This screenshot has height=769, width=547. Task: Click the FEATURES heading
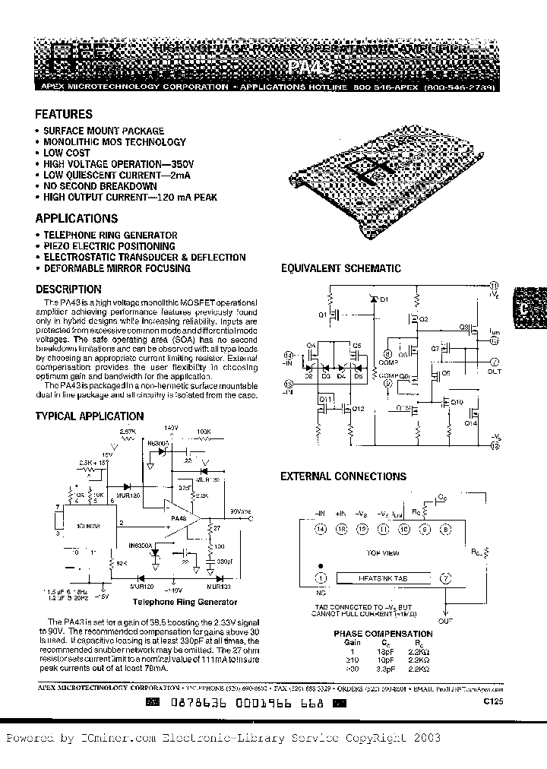[64, 115]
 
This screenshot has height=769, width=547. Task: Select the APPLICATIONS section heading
[76, 220]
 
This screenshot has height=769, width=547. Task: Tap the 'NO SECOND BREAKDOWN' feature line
[100, 186]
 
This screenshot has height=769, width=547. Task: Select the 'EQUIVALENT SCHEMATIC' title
[340, 268]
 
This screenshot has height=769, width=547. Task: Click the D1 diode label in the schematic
[384, 299]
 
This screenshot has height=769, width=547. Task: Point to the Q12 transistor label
[359, 409]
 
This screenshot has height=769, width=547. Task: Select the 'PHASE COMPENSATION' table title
[383, 633]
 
